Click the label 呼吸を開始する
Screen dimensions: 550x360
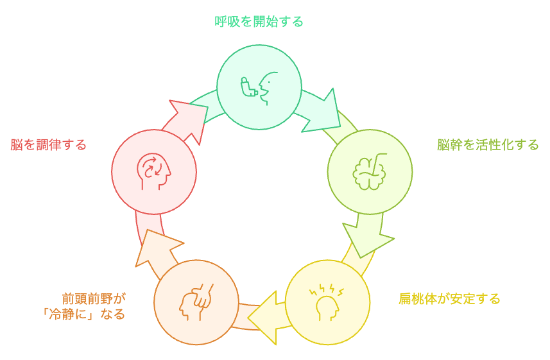click(259, 22)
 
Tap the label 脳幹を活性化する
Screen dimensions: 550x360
click(488, 145)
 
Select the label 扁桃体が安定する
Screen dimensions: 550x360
click(449, 299)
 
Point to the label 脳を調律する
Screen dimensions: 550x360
click(48, 145)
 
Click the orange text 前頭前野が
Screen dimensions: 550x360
click(94, 299)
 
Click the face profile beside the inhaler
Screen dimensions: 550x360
click(268, 89)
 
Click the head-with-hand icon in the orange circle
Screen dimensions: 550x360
click(196, 302)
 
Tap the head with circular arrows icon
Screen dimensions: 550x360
click(153, 171)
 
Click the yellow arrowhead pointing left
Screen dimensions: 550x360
click(262, 318)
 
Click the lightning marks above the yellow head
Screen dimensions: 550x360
click(326, 291)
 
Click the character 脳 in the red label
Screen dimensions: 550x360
click(17, 145)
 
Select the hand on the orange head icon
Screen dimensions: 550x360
click(203, 296)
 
